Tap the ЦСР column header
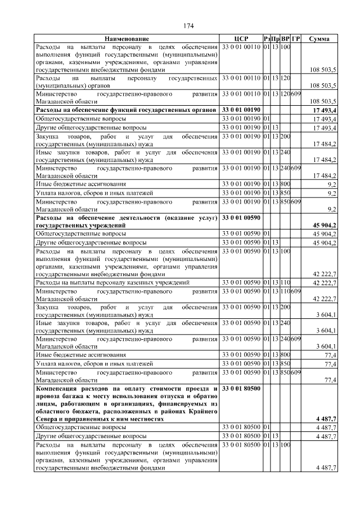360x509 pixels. click(x=241, y=38)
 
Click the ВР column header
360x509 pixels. click(x=285, y=38)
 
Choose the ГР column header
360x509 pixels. click(x=296, y=38)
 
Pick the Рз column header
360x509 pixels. click(x=267, y=38)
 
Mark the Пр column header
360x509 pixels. click(x=276, y=38)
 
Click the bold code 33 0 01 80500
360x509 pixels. click(x=241, y=388)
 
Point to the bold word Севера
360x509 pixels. click(x=48, y=419)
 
